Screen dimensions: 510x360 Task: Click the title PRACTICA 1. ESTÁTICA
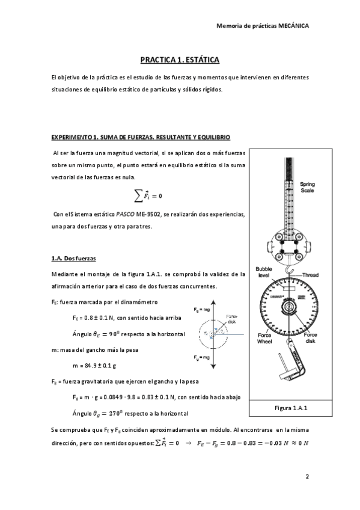point(180,60)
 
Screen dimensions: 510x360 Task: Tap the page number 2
point(307,477)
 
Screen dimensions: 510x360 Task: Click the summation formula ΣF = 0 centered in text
point(147,195)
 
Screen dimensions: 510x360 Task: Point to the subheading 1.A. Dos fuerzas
point(74,258)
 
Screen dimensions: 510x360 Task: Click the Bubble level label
point(263,272)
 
